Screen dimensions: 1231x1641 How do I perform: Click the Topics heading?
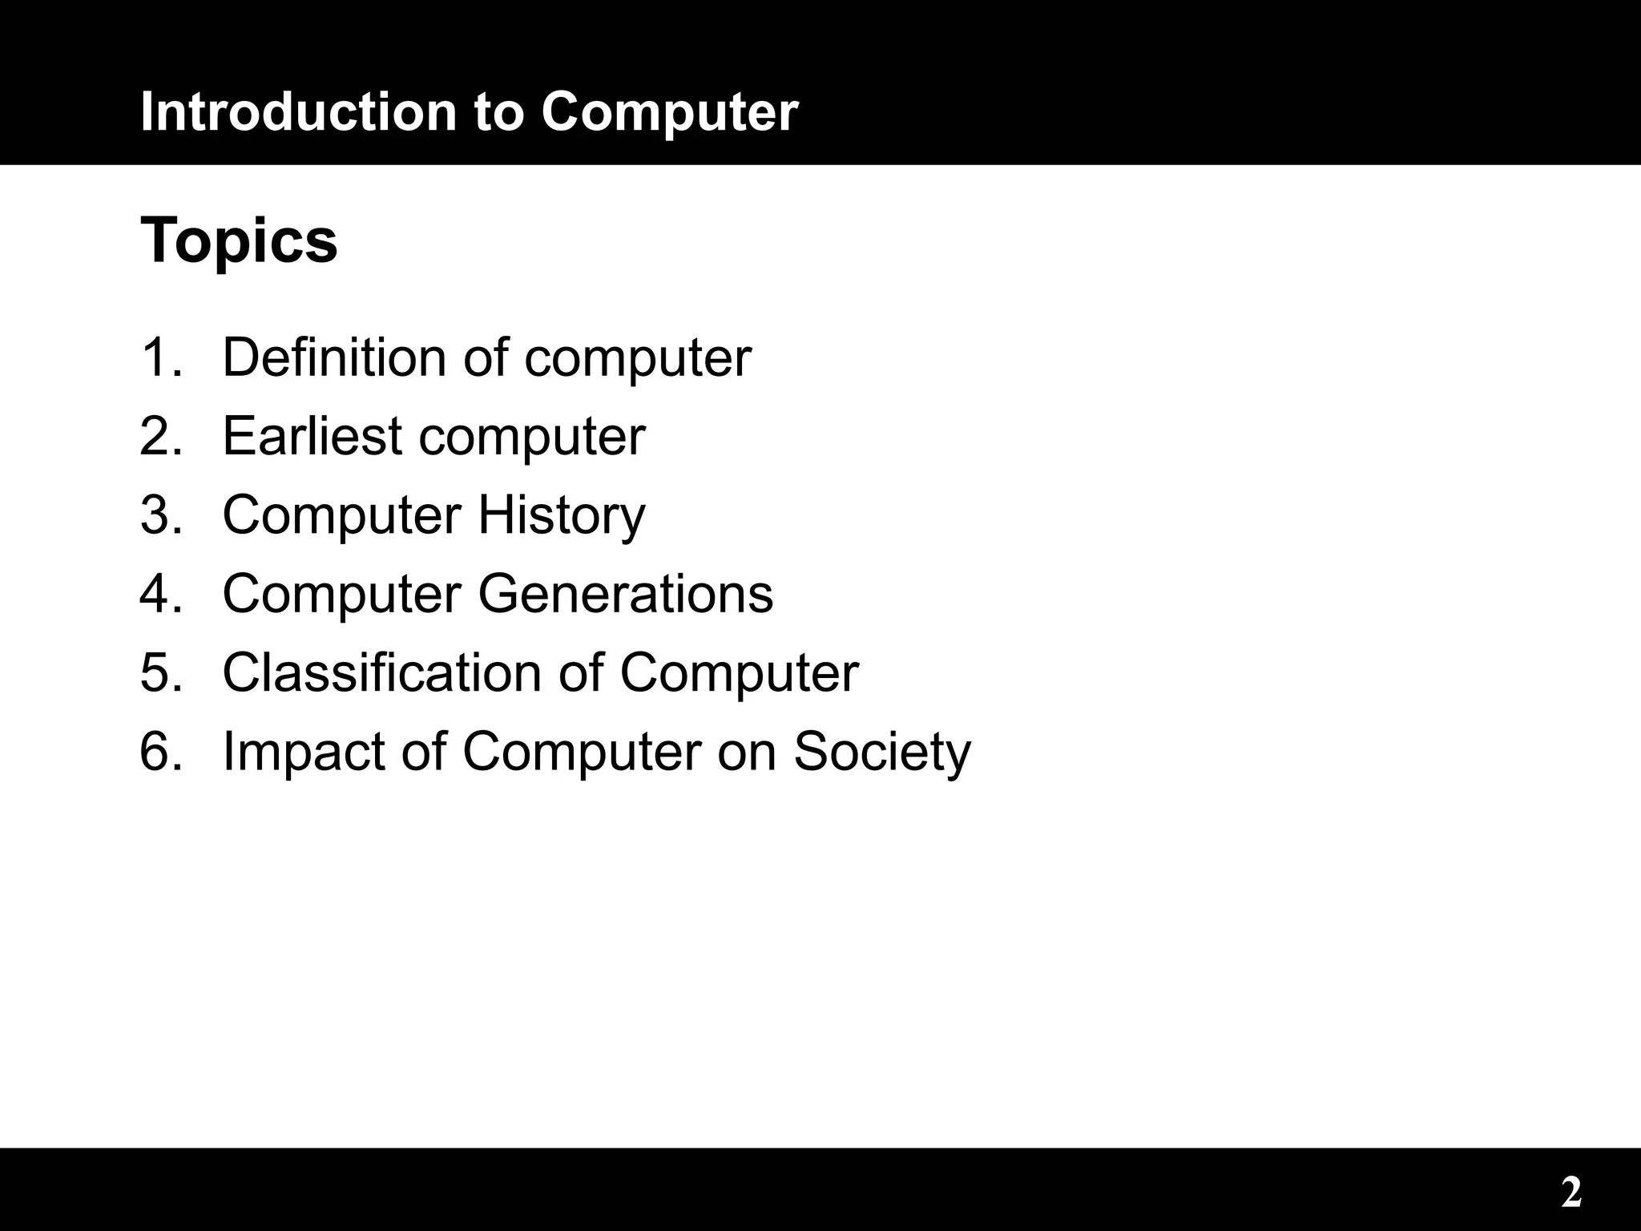(x=239, y=240)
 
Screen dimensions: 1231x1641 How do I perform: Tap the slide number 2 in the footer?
(x=1571, y=1193)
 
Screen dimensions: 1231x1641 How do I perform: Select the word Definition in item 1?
(x=334, y=357)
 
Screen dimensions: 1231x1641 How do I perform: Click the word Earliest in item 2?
(x=312, y=436)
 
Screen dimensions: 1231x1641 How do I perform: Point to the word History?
(x=561, y=515)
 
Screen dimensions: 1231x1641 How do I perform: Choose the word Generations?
(x=626, y=594)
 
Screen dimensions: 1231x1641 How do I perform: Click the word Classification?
(x=381, y=672)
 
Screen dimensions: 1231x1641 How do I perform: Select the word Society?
(x=881, y=752)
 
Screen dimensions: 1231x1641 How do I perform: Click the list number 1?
(x=159, y=357)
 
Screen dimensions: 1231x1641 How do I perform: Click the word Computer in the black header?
(x=669, y=112)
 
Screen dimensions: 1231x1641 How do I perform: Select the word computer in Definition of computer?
(x=638, y=358)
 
